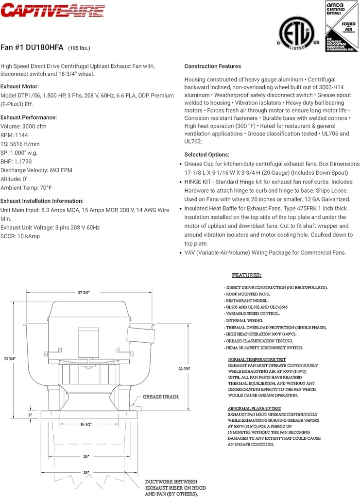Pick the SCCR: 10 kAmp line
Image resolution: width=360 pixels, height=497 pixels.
click(x=20, y=236)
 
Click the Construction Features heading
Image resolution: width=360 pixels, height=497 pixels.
click(x=212, y=66)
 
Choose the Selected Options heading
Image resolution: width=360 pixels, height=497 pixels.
click(x=206, y=155)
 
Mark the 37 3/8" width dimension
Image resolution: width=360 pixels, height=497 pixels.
click(x=84, y=292)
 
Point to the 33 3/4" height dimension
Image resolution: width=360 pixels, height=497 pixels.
click(x=9, y=359)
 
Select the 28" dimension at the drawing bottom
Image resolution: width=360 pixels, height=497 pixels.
click(x=86, y=472)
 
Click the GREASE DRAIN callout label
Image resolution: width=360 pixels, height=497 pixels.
click(x=161, y=397)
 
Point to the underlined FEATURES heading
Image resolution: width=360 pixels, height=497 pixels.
click(x=246, y=275)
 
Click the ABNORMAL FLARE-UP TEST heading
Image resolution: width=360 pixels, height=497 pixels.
click(x=255, y=409)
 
